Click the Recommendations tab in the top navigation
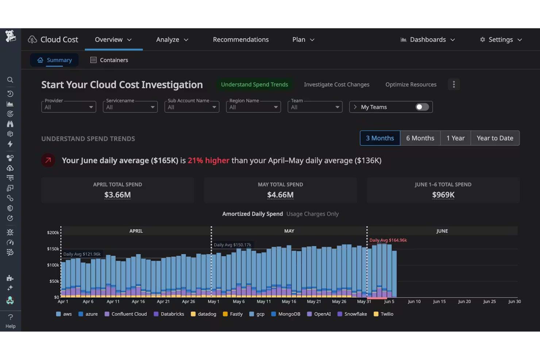pos(240,39)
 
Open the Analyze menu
pos(172,39)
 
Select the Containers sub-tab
pos(109,60)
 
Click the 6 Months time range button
pos(420,138)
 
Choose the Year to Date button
pos(495,138)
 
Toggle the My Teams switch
pos(422,107)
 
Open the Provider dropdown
pos(69,107)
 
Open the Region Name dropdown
pos(253,107)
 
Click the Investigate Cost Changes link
pos(336,85)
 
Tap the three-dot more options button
pos(454,85)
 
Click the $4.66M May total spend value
pos(280,195)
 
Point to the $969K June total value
pos(443,195)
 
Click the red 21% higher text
pos(208,160)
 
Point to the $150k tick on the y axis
pos(53,249)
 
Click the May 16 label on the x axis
pos(288,302)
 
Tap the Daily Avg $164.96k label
pos(388,240)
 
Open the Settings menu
pos(501,39)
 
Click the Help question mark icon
pos(10,317)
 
